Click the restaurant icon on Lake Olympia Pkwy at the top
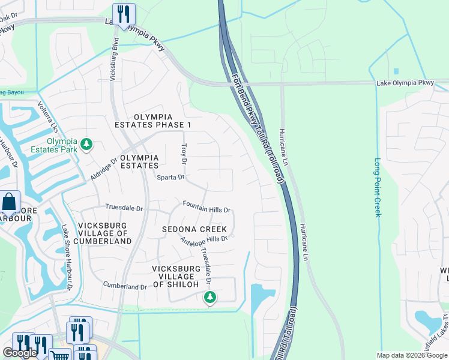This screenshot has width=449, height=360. point(124,14)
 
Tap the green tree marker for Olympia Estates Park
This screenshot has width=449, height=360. point(87,143)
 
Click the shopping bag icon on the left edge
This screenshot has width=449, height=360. point(9,202)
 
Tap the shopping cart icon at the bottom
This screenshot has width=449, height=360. point(59,355)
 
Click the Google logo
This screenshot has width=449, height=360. point(20,353)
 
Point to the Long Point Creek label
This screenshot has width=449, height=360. point(378,187)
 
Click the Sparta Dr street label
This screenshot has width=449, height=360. point(170,178)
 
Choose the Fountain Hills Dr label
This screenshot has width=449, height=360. point(206,208)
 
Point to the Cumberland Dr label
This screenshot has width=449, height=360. point(125,286)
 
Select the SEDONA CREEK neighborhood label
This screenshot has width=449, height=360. point(194,229)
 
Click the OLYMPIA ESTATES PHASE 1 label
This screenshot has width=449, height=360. point(154,121)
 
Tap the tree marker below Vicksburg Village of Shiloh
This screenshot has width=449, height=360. point(209,297)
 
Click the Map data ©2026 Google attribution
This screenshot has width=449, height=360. point(412,355)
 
